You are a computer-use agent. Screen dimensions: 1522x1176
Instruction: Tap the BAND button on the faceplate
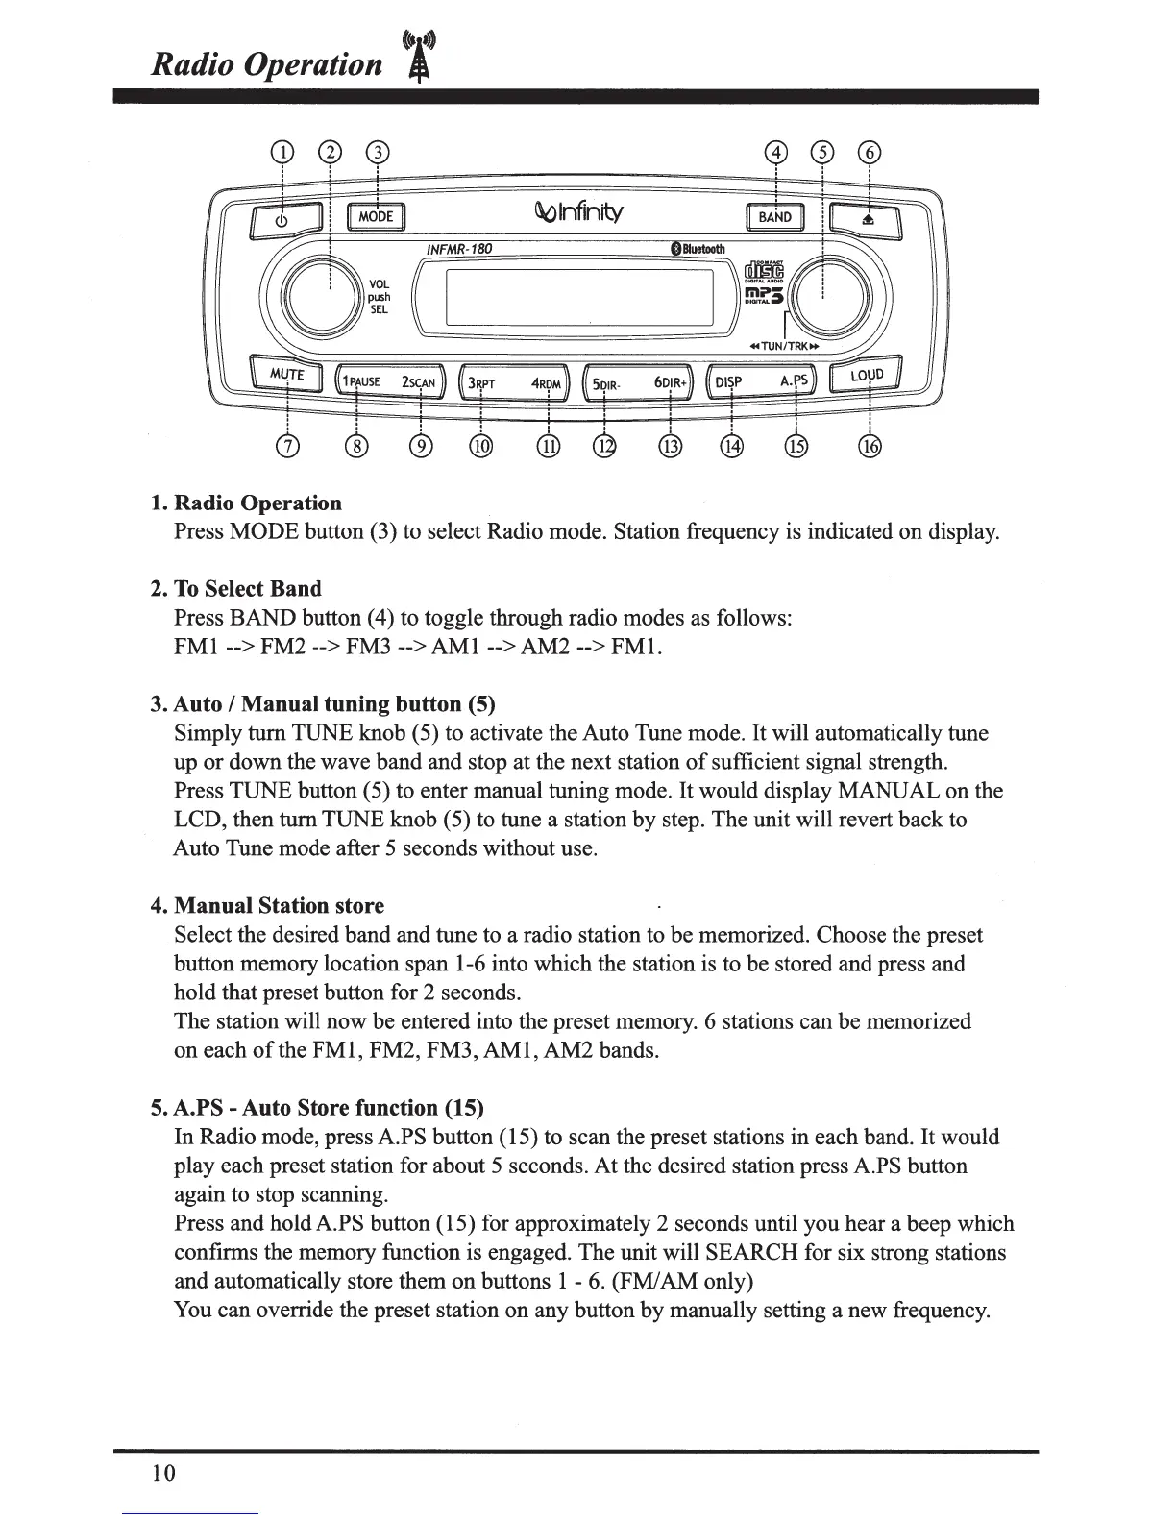[775, 218]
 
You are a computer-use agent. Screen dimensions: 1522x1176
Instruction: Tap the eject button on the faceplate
[867, 220]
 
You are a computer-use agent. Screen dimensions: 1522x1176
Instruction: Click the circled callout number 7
[287, 447]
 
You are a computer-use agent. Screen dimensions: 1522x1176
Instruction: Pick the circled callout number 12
[604, 447]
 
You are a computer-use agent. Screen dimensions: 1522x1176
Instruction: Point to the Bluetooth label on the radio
[698, 250]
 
